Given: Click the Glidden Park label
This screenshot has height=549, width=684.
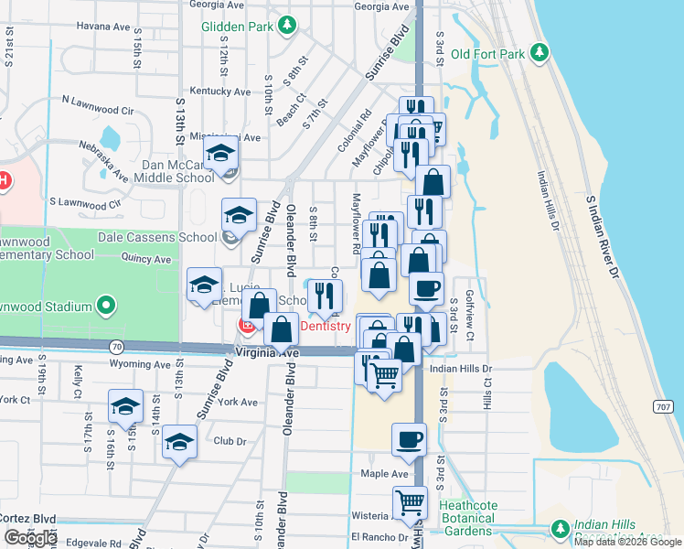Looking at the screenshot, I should pos(237,26).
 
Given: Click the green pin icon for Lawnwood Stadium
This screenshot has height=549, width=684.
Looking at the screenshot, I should pos(107,305).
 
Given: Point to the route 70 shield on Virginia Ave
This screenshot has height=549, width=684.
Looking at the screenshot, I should pos(115,347).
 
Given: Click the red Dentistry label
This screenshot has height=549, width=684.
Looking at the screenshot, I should pos(326,326).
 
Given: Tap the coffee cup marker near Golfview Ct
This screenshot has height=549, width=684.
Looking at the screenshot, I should pos(426,288).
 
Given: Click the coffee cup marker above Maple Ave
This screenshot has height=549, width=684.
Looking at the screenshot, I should pos(409,439).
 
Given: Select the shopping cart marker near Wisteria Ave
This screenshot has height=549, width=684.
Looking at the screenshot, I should pos(410,501).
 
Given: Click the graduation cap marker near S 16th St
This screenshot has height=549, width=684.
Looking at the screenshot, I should pos(125,405).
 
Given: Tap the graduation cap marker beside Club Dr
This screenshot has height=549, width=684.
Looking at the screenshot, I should pos(180,442).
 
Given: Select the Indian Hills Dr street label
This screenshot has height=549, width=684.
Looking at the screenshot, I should pos(462,369).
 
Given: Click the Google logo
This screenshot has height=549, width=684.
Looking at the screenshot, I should pos(30,538).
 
